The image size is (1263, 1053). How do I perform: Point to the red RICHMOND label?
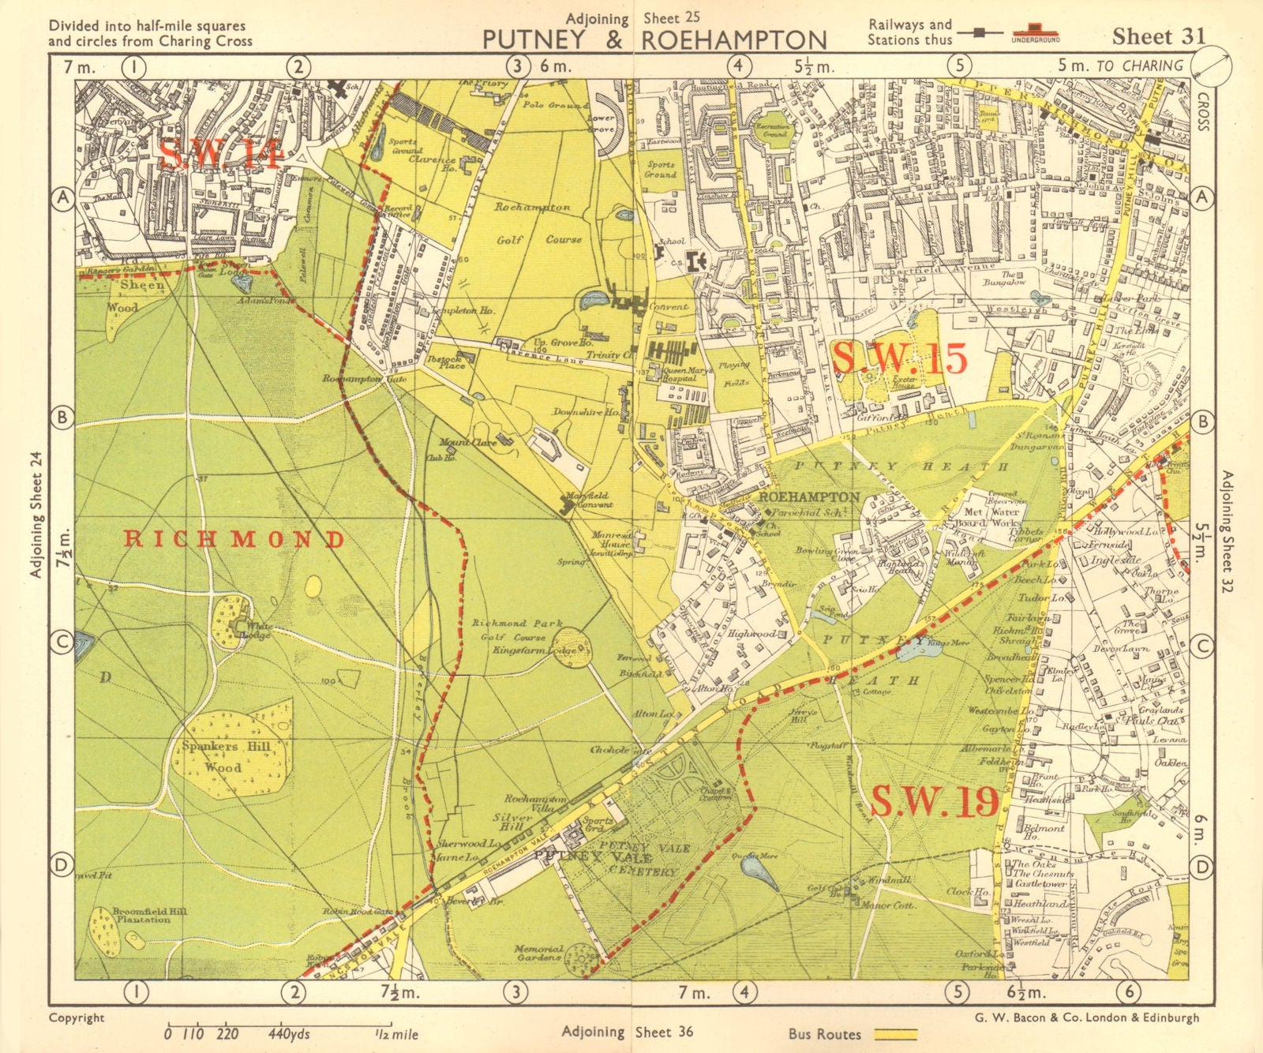tap(234, 540)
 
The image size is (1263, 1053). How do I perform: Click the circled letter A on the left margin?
tap(63, 200)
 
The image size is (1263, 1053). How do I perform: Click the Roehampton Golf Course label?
tap(533, 223)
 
